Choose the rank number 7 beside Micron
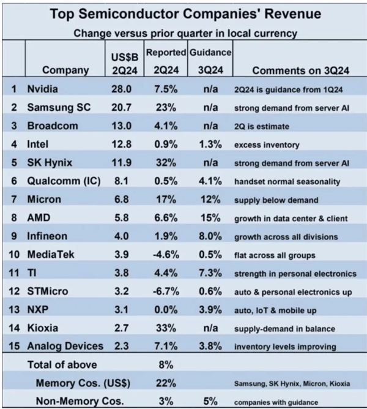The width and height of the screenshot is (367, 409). click(13, 200)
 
